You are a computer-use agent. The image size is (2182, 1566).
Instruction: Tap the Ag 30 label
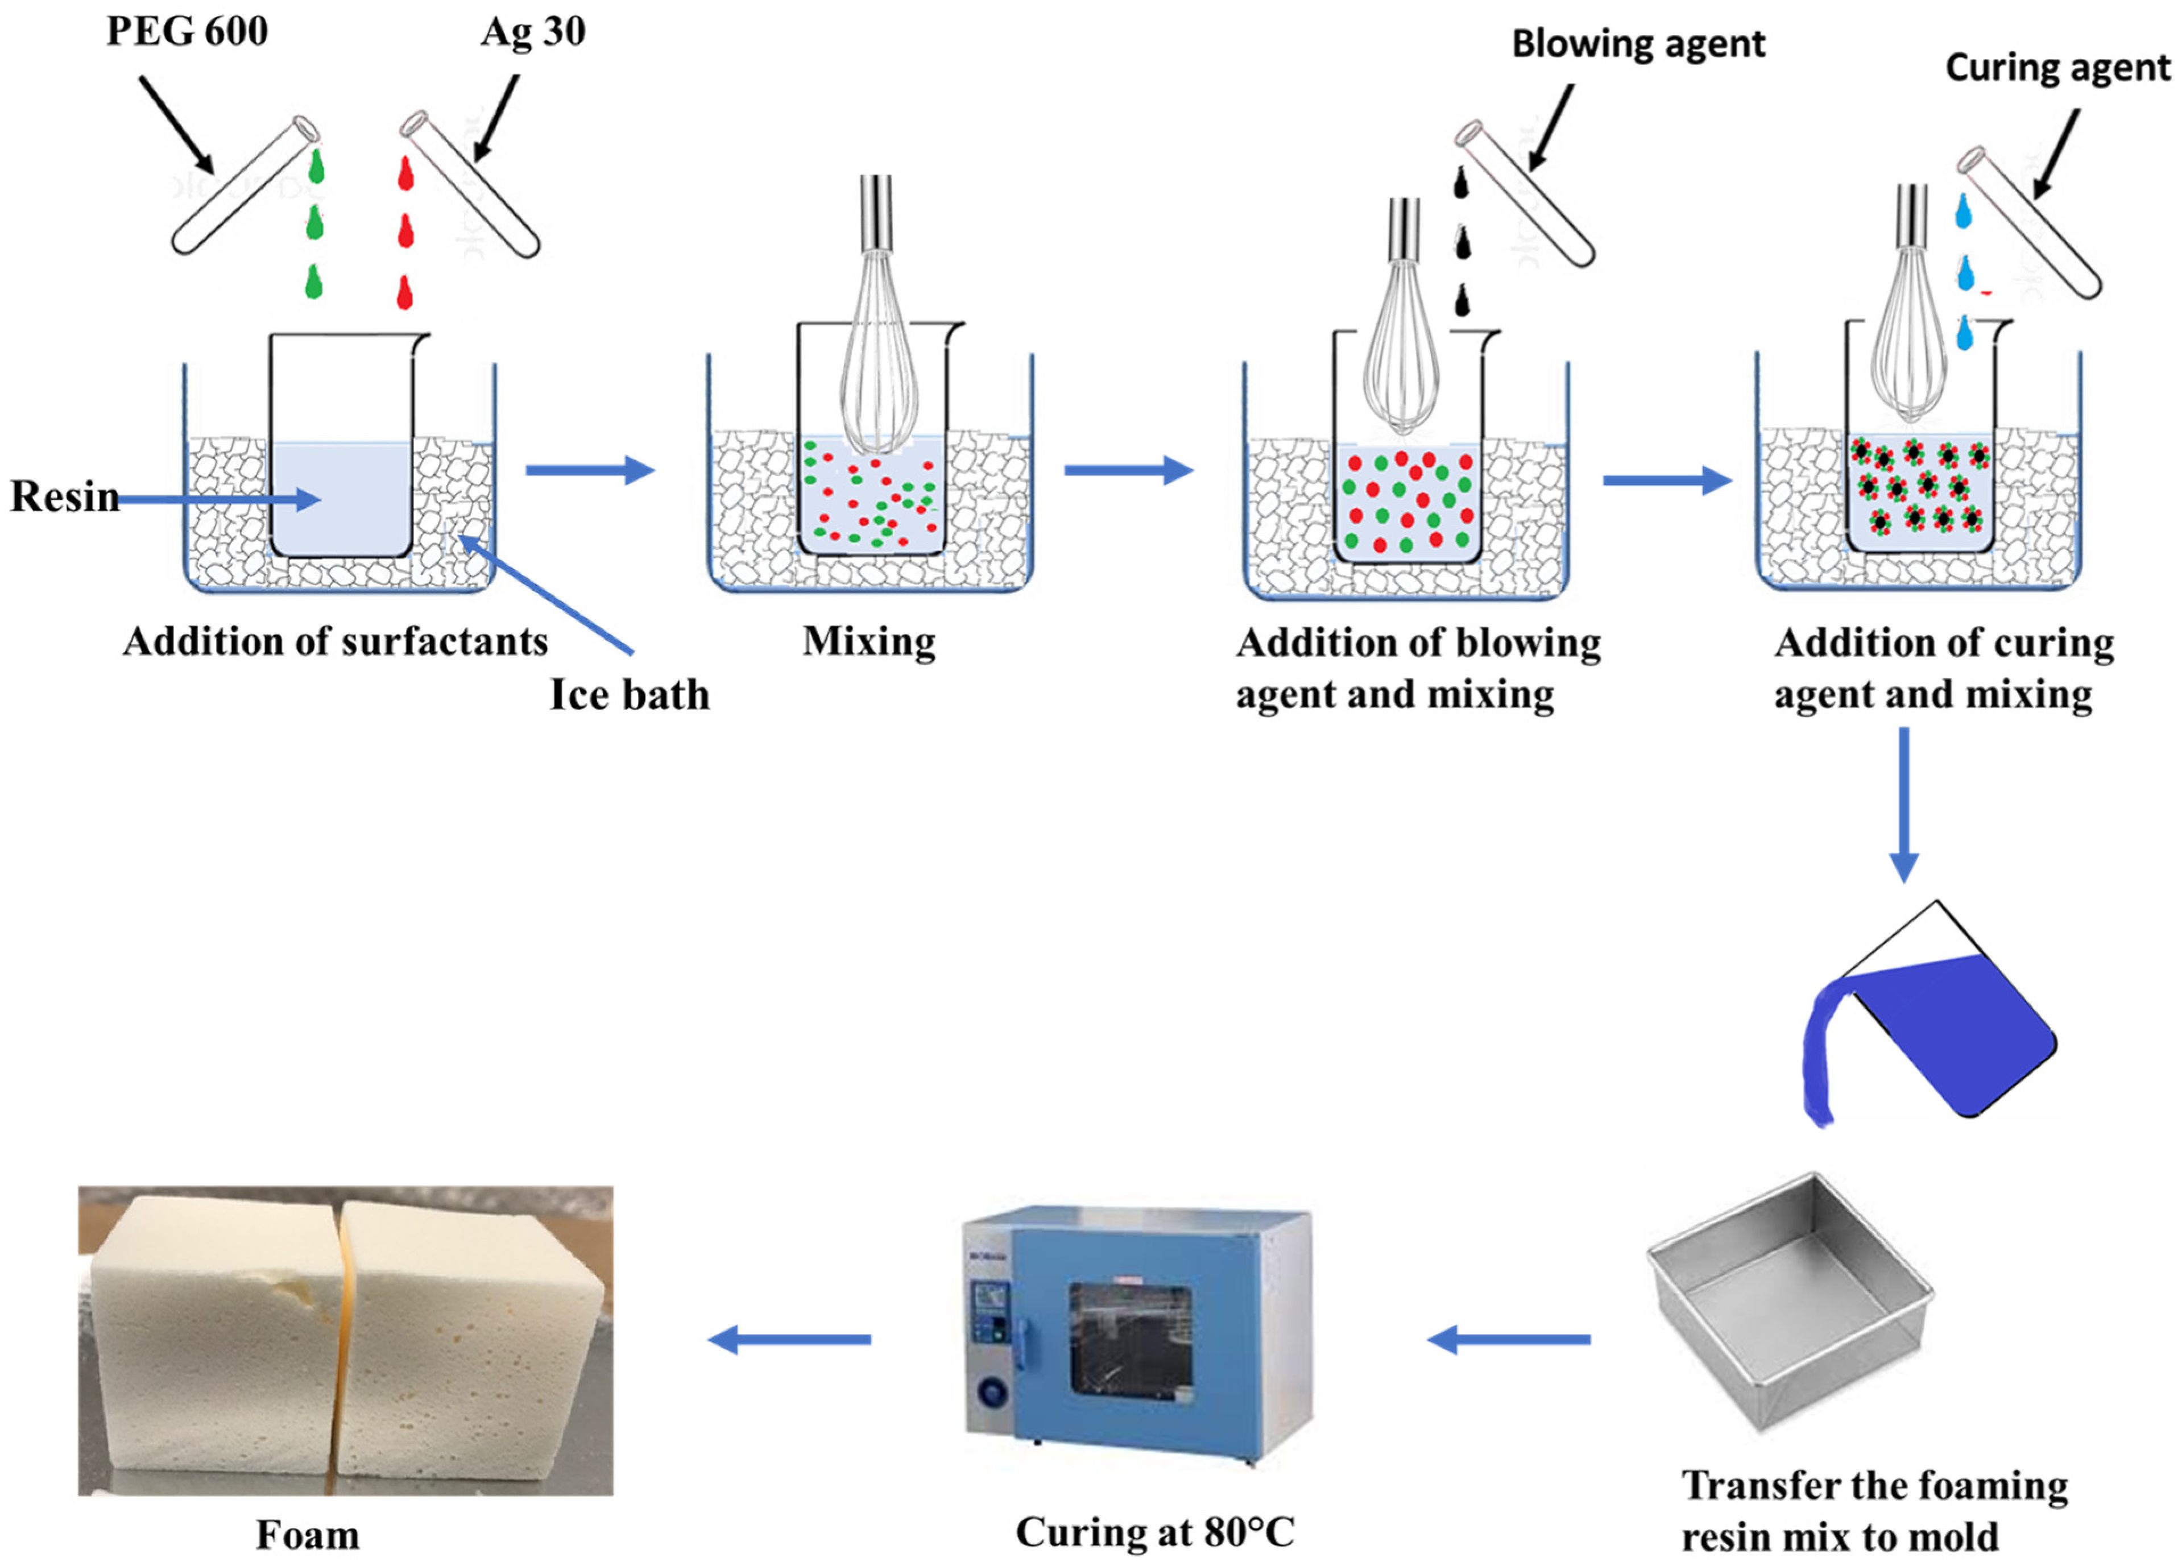coord(533,32)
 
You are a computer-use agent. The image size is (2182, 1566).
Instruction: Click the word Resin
coord(64,496)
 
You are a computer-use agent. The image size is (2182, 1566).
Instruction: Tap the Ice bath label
coord(629,694)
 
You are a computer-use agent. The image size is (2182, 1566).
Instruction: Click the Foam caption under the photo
coord(308,1534)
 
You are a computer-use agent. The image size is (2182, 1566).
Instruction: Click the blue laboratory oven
coord(1137,1336)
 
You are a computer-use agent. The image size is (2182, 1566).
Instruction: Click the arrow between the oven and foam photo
coord(789,1339)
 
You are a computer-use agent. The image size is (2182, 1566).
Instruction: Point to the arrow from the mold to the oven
coord(1509,1339)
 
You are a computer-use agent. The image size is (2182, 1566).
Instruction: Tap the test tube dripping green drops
coord(245,185)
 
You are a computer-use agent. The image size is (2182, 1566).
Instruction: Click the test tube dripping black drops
coord(1526,192)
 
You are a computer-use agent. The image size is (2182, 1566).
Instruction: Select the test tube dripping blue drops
coord(2030,221)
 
